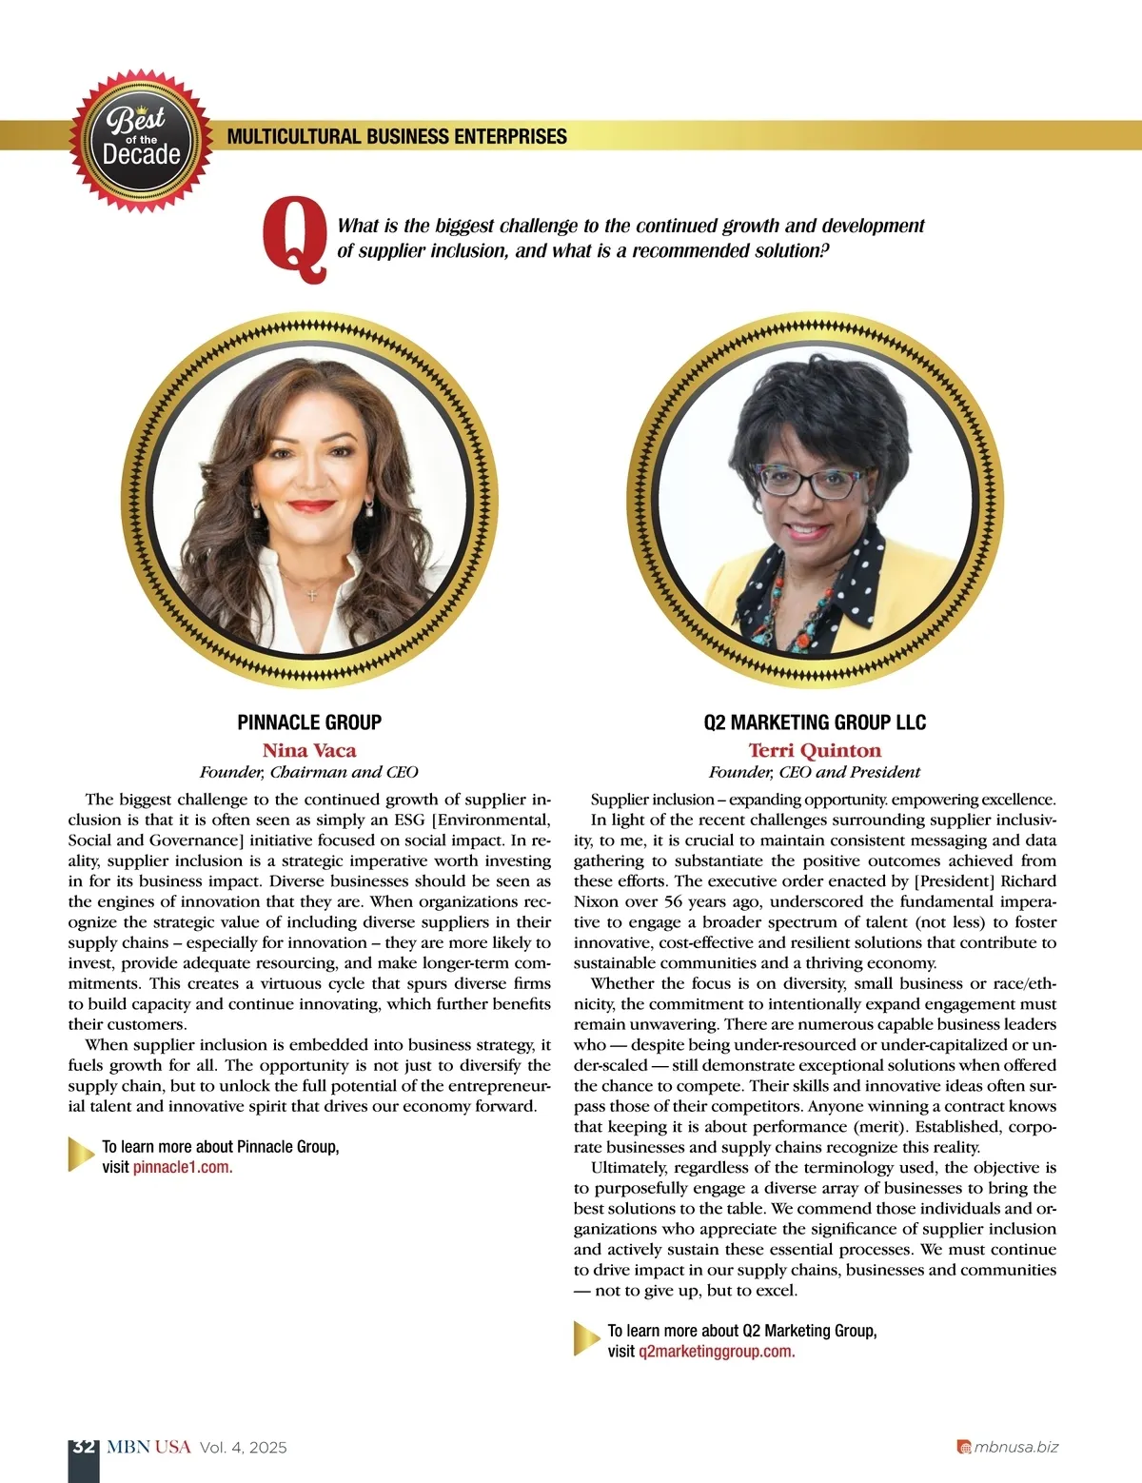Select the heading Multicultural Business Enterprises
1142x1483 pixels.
(397, 137)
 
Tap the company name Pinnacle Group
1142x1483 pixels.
(309, 722)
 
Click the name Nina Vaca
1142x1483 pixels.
(309, 750)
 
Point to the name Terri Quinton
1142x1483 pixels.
(815, 750)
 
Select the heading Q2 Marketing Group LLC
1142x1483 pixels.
(815, 722)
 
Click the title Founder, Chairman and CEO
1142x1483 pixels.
(309, 772)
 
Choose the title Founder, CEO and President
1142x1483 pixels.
(815, 772)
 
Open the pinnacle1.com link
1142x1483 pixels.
(183, 1167)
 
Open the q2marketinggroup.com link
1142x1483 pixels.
(717, 1351)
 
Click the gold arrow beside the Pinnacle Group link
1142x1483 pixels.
(82, 1155)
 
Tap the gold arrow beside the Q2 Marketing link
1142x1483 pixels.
(586, 1338)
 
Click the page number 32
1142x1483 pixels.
(84, 1447)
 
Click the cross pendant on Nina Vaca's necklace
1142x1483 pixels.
(312, 594)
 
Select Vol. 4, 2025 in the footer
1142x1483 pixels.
(244, 1448)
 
